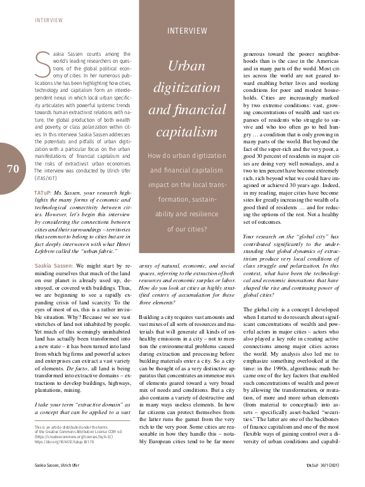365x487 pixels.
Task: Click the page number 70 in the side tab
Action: click(x=13, y=169)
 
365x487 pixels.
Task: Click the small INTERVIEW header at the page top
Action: click(x=49, y=20)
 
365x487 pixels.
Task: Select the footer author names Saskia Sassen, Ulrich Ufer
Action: click(x=60, y=465)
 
